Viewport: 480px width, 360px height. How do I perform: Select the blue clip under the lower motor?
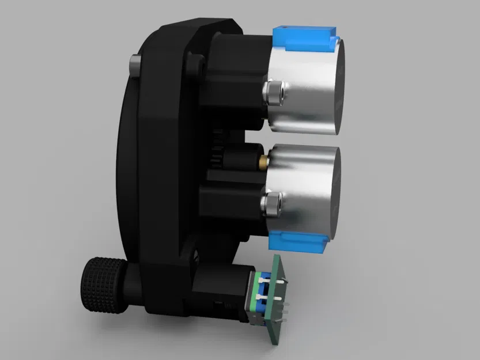[300, 241]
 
